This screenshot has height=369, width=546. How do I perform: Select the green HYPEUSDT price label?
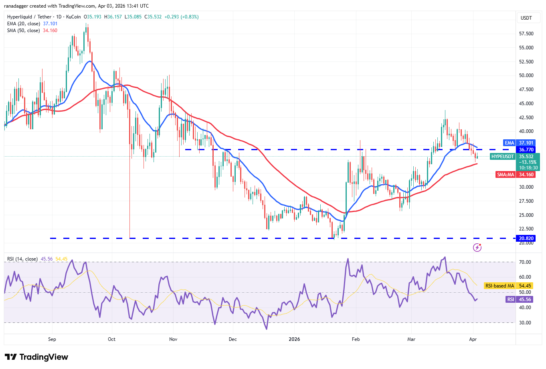pos(502,157)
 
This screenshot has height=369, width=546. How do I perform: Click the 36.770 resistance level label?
pos(526,150)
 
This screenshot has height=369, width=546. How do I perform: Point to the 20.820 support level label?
pos(526,239)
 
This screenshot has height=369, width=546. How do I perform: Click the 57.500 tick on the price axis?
pos(526,34)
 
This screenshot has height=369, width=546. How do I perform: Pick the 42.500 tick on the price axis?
pos(526,118)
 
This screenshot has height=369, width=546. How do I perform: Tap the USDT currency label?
pos(526,18)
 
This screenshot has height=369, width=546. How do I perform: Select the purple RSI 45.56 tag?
pos(520,300)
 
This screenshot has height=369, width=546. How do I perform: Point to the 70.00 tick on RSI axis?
pos(525,262)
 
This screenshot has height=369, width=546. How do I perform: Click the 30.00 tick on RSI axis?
pos(525,323)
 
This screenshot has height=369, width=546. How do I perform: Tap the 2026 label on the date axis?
pos(294,339)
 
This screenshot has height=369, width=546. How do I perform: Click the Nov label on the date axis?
pos(173,339)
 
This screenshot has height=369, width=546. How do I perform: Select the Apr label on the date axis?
pos(473,339)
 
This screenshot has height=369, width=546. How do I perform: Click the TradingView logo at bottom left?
pos(36,357)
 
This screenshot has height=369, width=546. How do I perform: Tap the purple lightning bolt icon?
pos(477,247)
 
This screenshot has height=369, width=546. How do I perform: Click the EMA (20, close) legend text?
pos(23,24)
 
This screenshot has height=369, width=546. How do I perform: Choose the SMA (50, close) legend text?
pos(23,31)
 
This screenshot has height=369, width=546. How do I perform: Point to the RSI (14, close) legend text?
pos(22,259)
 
